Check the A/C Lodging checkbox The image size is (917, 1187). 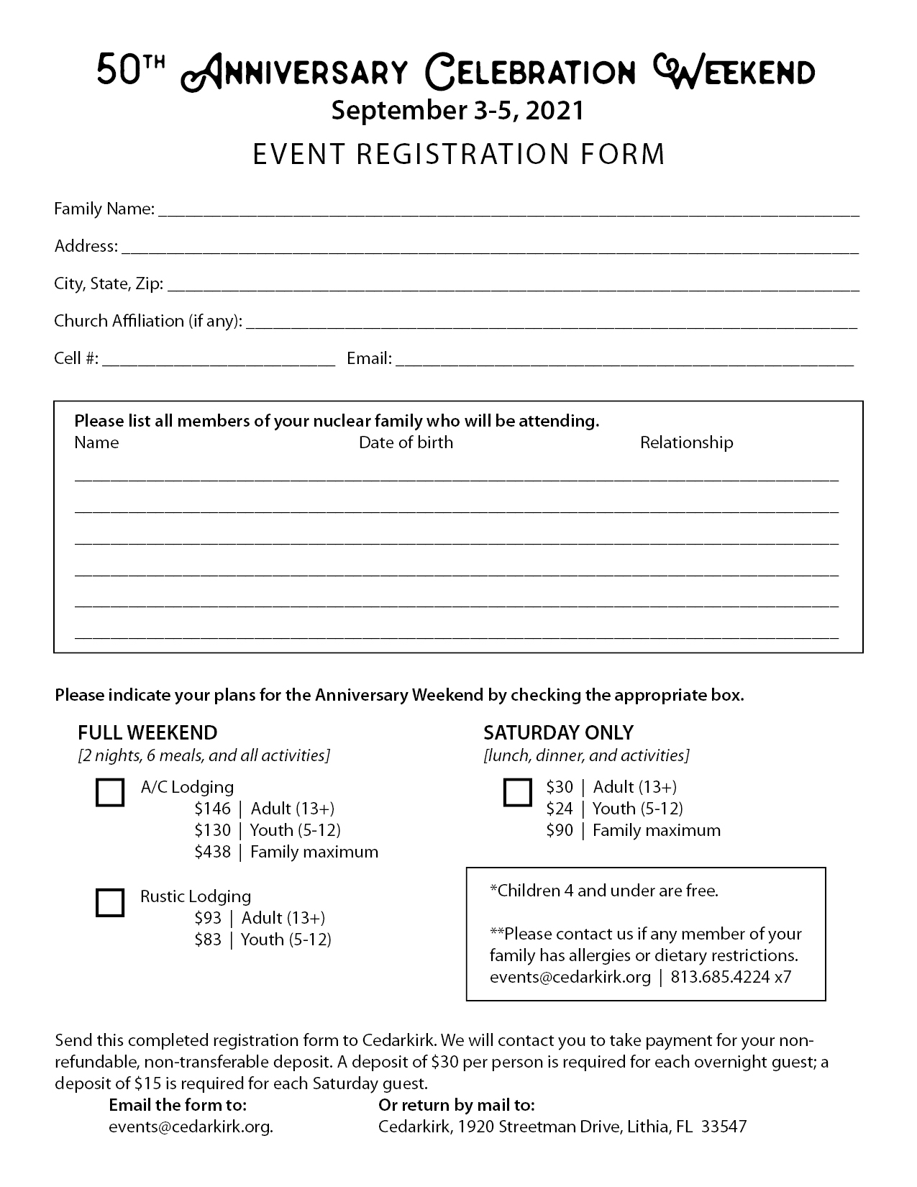point(110,793)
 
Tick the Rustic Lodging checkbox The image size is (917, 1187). point(110,903)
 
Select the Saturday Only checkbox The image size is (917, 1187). point(517,793)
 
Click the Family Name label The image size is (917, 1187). point(104,209)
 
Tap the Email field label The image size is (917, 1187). point(369,358)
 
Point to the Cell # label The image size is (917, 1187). point(76,358)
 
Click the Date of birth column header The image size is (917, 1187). point(406,442)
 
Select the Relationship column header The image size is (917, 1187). point(686,442)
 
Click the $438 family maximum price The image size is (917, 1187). point(213,852)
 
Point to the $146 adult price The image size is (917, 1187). point(213,809)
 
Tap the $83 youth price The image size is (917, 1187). point(208,939)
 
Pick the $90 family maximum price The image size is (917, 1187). point(560,830)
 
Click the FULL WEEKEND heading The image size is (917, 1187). point(147,732)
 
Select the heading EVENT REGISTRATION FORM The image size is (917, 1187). point(459,154)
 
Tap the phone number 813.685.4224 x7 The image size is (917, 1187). point(731,976)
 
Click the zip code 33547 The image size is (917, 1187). point(725,1126)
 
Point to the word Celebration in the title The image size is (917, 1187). point(531,72)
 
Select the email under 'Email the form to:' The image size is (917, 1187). point(191,1126)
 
